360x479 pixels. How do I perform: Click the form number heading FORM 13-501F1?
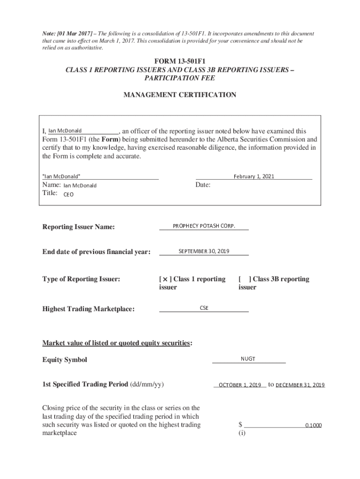(180, 62)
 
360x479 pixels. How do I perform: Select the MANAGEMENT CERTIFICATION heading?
(180, 95)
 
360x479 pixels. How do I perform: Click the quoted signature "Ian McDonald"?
(61, 176)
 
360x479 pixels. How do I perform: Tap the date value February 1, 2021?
(254, 176)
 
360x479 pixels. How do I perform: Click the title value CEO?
(68, 195)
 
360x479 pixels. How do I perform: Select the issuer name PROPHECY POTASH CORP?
(204, 226)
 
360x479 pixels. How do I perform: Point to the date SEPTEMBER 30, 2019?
(204, 251)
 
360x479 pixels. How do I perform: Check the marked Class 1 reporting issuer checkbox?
(165, 279)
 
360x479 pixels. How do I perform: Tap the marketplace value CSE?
(204, 308)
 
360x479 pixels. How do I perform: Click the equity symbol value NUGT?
(248, 359)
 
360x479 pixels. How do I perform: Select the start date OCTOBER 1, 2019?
(240, 385)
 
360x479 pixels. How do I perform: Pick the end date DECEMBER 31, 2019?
(300, 385)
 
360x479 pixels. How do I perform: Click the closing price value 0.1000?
(313, 426)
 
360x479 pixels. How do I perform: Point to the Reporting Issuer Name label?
(79, 227)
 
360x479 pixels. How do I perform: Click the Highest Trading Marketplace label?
(88, 309)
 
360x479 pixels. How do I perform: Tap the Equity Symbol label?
(65, 360)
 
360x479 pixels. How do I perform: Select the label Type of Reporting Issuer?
(81, 279)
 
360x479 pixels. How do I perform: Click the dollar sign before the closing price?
(240, 425)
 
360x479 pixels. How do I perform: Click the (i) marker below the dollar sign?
(242, 433)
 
